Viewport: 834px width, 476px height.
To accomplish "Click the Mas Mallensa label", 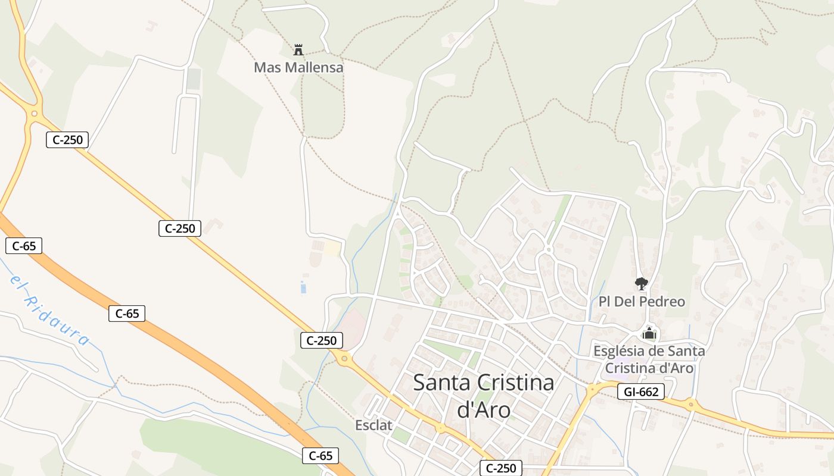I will point(298,67).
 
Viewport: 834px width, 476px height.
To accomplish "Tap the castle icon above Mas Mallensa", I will point(298,50).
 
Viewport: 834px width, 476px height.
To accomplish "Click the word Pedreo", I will point(661,302).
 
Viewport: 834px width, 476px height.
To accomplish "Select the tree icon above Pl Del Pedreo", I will point(641,284).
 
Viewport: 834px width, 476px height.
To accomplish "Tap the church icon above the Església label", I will point(649,334).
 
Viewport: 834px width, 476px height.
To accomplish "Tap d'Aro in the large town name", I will point(483,410).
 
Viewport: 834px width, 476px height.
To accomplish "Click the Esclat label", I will point(374,425).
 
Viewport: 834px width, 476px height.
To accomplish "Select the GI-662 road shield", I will point(640,392).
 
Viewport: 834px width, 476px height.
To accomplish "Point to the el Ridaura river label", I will point(50,311).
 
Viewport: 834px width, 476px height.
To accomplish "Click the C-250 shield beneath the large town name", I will point(501,468).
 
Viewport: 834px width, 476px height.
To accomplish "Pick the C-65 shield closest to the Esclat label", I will point(320,456).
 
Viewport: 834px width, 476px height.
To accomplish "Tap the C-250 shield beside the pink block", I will point(322,340).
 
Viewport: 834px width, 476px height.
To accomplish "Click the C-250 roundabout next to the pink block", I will point(344,358).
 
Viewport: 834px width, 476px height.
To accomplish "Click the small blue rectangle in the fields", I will point(303,289).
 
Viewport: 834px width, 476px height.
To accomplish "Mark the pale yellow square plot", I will point(332,248).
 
